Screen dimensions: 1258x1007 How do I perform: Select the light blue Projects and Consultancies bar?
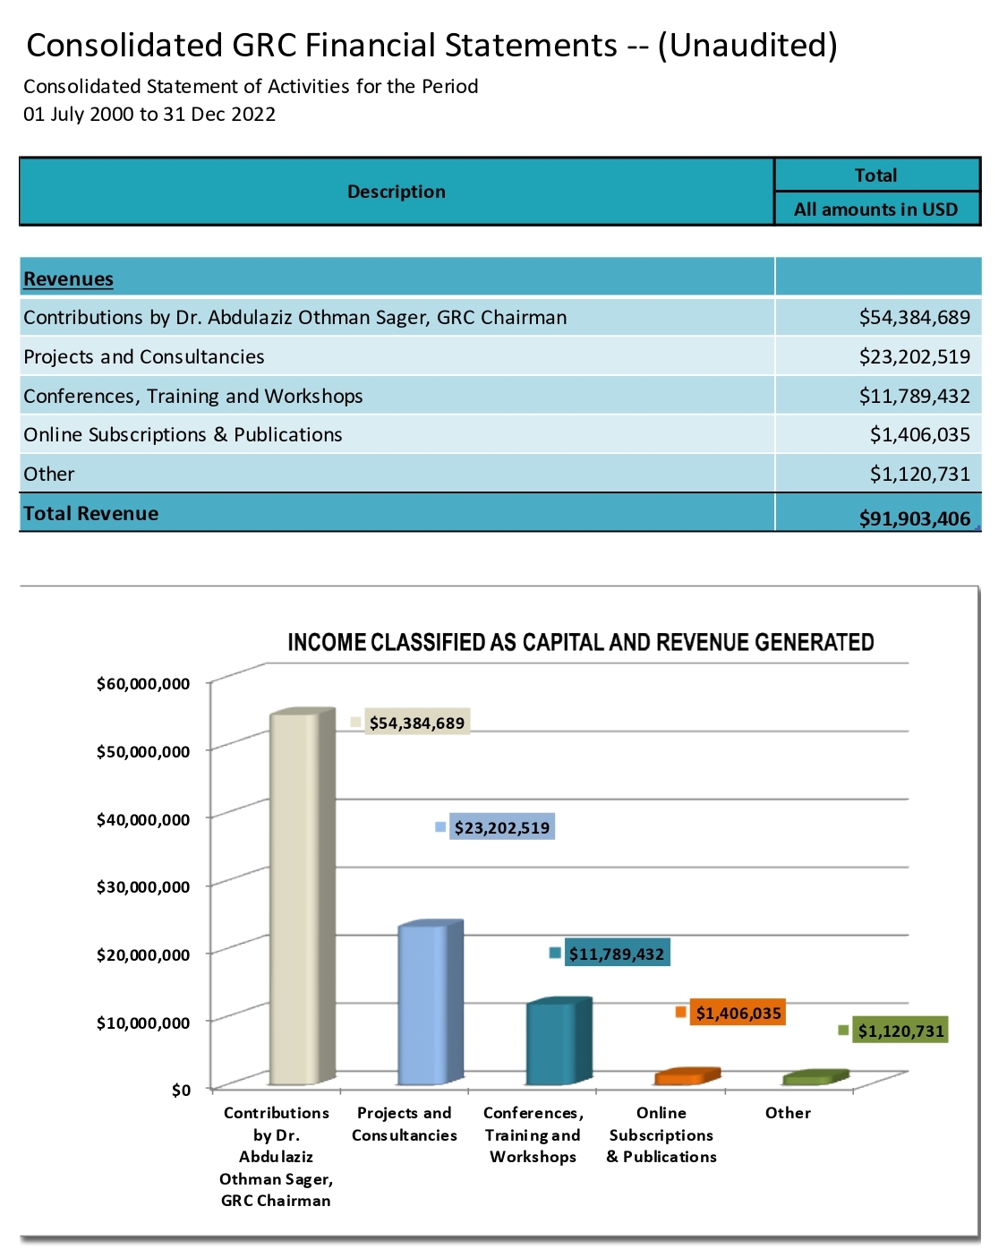point(422,1003)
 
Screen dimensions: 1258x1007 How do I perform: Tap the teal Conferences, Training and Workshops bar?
point(550,1043)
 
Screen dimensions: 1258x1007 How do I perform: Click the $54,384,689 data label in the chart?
point(416,723)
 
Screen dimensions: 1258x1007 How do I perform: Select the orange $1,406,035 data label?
point(738,1014)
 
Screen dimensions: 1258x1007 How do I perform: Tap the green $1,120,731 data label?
point(900,1031)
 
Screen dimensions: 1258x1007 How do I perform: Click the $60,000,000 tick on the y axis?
point(143,684)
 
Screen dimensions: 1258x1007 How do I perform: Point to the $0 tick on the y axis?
point(182,1090)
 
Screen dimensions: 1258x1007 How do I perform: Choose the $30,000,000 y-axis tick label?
point(143,887)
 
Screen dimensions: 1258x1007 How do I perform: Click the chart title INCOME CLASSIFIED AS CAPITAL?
point(580,642)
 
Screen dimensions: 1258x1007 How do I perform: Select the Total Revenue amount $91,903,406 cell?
point(914,518)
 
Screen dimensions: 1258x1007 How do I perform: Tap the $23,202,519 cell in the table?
point(914,356)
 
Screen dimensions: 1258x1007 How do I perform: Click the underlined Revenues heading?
point(68,278)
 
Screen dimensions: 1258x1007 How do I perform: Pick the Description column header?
point(396,192)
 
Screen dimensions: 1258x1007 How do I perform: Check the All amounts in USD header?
point(875,210)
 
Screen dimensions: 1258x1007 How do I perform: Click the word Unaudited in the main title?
point(747,45)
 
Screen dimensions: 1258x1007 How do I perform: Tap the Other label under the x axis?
point(788,1113)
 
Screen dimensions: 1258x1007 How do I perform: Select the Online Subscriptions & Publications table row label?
point(183,434)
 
